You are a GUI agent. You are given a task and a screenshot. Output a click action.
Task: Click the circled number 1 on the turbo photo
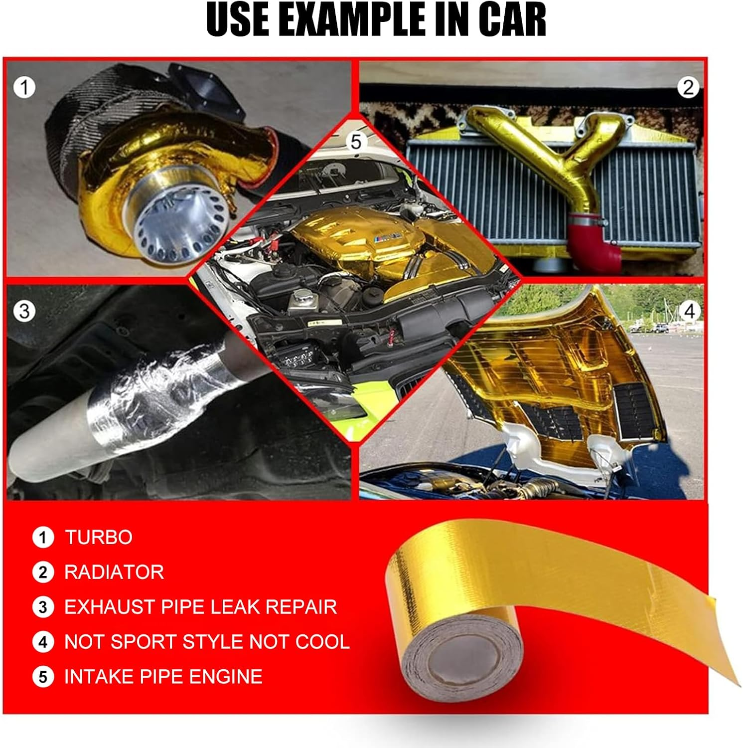point(24,88)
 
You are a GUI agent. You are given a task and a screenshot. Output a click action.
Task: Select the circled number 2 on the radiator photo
point(688,87)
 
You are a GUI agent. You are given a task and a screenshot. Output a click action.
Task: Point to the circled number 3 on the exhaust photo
point(24,312)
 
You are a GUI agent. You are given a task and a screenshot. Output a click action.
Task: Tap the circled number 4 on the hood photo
point(689,311)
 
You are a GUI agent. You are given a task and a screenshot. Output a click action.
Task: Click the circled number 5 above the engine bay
point(355,142)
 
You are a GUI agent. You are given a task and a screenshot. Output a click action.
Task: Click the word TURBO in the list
point(99,538)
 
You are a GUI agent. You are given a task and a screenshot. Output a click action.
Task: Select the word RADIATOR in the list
point(114,572)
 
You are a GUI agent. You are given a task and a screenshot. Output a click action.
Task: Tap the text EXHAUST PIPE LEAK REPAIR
point(200,607)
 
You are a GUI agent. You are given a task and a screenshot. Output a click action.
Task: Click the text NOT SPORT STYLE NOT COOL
point(207,642)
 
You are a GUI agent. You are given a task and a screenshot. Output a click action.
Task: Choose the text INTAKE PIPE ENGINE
point(163,677)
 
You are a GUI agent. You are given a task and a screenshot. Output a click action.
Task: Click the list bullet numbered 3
point(43,607)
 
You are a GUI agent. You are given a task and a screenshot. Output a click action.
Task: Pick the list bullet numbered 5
point(43,677)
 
